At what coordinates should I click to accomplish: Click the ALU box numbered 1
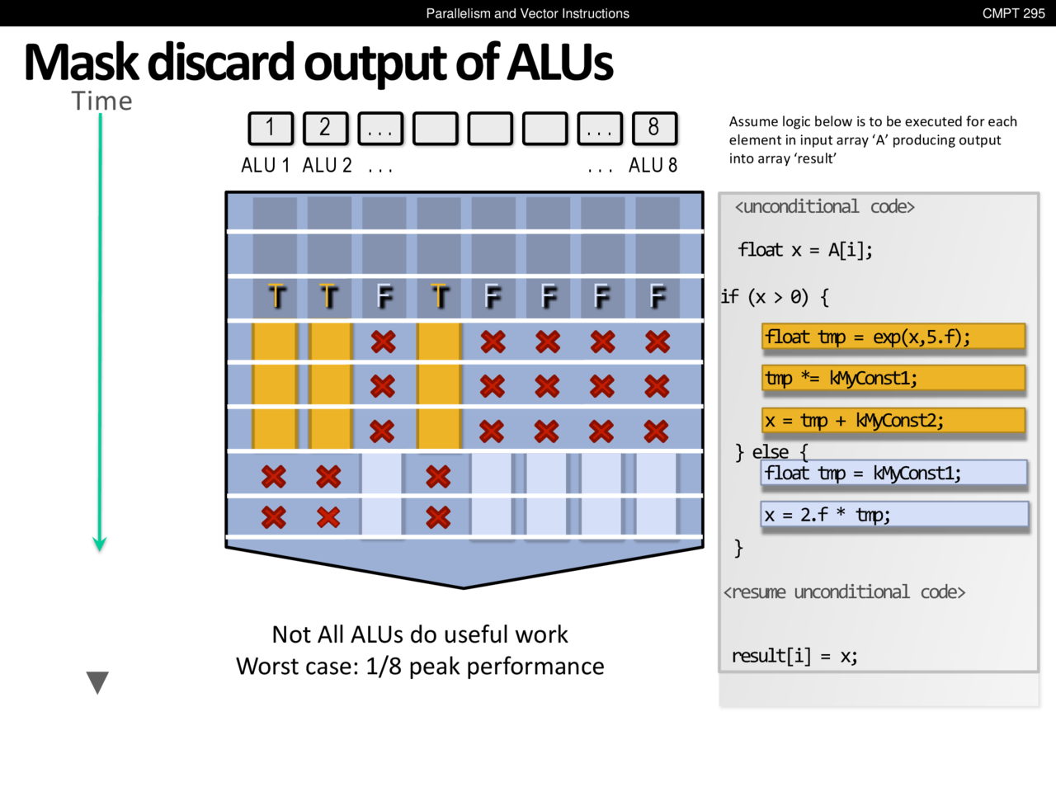click(271, 128)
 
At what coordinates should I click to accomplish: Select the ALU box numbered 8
click(654, 128)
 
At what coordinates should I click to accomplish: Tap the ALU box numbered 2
click(325, 128)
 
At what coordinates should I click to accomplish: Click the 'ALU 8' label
click(653, 166)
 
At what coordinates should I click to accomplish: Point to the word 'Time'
click(102, 101)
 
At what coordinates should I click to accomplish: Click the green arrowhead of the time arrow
click(100, 544)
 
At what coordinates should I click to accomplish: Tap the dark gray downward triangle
click(97, 681)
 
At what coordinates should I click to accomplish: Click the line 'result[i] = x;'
click(794, 656)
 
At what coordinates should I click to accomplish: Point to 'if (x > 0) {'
click(775, 297)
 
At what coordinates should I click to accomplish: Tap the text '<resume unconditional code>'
click(844, 592)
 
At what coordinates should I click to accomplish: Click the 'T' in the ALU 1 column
click(276, 296)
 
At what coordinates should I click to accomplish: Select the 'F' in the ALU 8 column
click(658, 296)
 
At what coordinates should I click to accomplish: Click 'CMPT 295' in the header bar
click(1013, 13)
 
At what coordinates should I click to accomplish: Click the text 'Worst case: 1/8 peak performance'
click(420, 667)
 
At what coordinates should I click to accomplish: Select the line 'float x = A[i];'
click(805, 250)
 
